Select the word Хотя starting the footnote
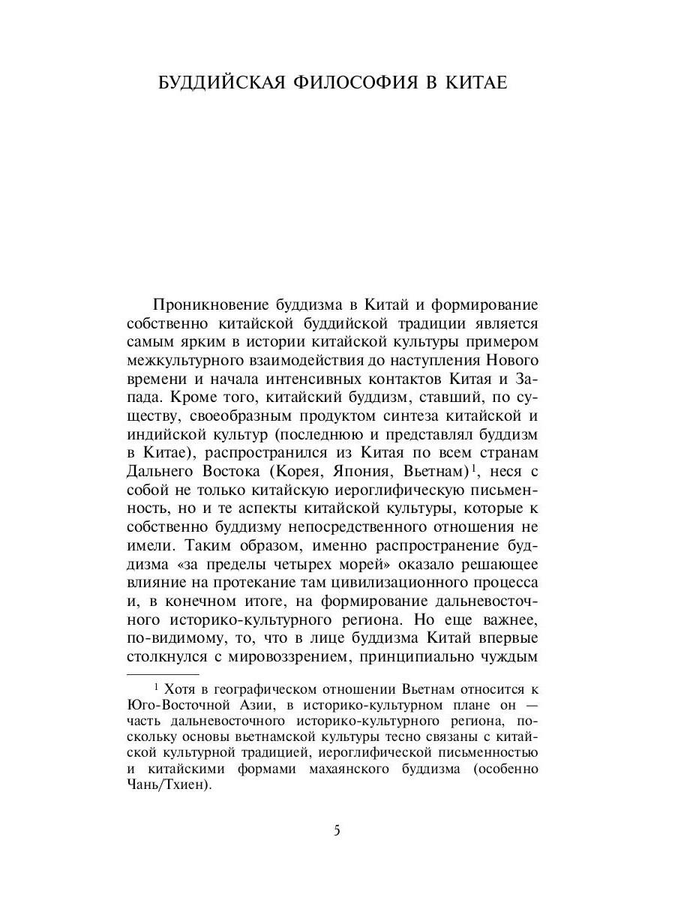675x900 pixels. (x=179, y=689)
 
